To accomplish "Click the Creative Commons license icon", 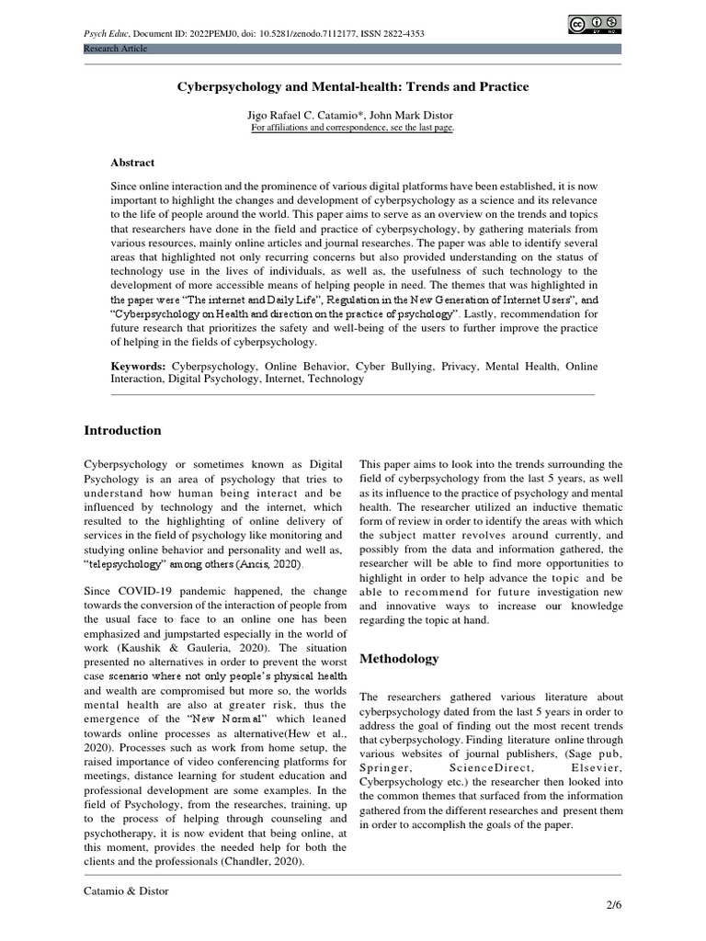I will pyautogui.click(x=594, y=24).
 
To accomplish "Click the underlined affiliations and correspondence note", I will pyautogui.click(x=353, y=128).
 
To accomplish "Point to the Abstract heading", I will pyautogui.click(x=132, y=162).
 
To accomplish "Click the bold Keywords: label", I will pyautogui.click(x=138, y=366).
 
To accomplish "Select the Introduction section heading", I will pyautogui.click(x=122, y=430).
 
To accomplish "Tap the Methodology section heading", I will pyautogui.click(x=399, y=658).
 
